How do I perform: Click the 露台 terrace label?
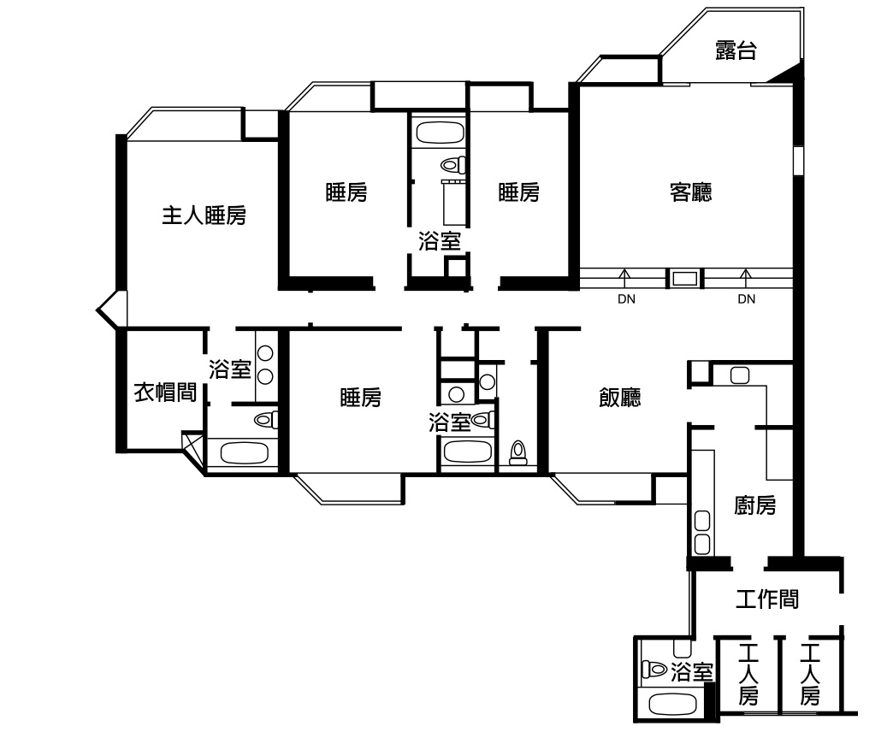pyautogui.click(x=736, y=50)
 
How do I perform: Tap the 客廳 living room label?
pyautogui.click(x=691, y=192)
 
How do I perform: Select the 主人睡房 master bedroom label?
pyautogui.click(x=204, y=215)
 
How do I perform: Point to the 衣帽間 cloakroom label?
pyautogui.click(x=165, y=393)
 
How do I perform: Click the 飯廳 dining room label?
pyautogui.click(x=619, y=398)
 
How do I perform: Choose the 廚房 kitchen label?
pyautogui.click(x=754, y=505)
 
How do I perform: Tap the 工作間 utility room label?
pyautogui.click(x=767, y=599)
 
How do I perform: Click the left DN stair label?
pyautogui.click(x=626, y=298)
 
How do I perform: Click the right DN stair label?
pyautogui.click(x=747, y=298)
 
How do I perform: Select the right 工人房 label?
pyautogui.click(x=810, y=675)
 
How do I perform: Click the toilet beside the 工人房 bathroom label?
pyautogui.click(x=653, y=669)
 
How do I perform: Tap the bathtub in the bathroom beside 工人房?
pyautogui.click(x=673, y=705)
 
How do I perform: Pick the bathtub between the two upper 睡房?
pyautogui.click(x=439, y=133)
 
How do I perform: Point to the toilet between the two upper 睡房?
pyautogui.click(x=452, y=166)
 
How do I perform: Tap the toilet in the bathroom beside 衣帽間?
pyautogui.click(x=265, y=420)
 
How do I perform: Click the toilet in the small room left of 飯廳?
pyautogui.click(x=517, y=452)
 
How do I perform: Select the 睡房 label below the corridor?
pyautogui.click(x=360, y=398)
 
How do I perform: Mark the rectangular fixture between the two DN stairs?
pyautogui.click(x=685, y=279)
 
